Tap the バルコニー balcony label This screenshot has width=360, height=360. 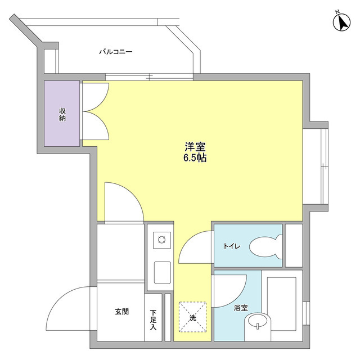click(x=116, y=52)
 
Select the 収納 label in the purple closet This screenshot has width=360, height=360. click(x=62, y=114)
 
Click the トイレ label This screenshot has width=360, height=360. click(x=232, y=246)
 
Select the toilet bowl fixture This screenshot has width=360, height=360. click(x=265, y=246)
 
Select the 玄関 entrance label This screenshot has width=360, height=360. click(x=122, y=311)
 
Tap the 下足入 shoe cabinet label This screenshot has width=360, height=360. click(x=154, y=319)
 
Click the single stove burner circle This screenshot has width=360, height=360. click(x=161, y=241)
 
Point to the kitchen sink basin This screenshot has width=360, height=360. click(x=163, y=273)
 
